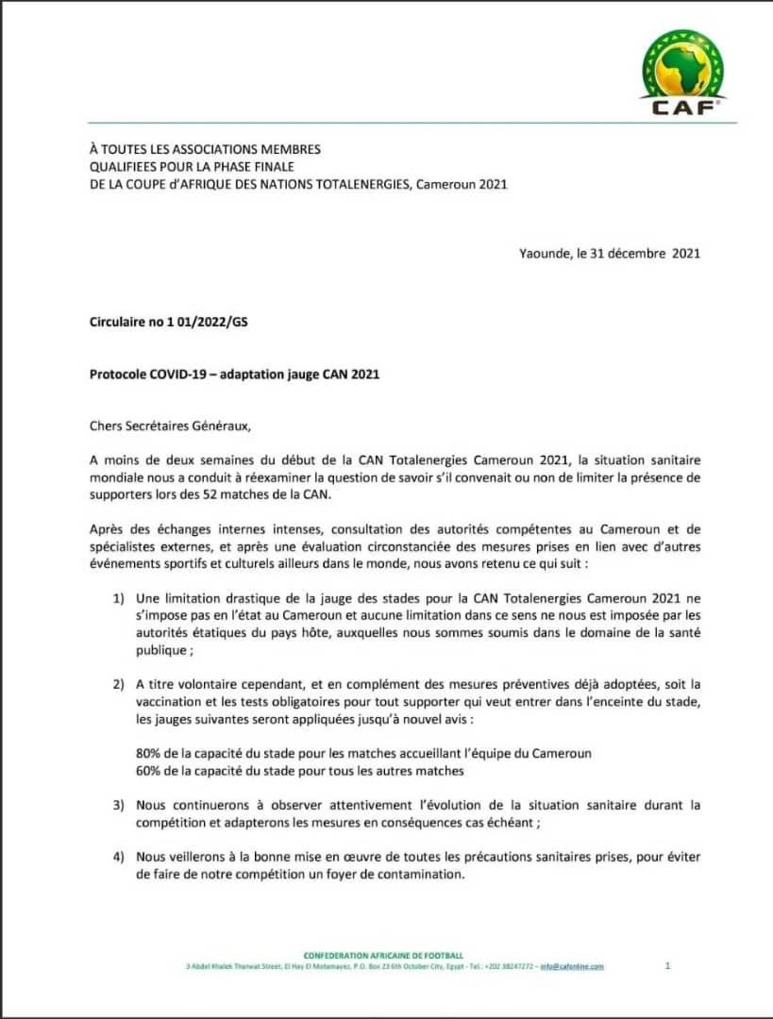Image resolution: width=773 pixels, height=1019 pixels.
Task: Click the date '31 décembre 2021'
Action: click(x=650, y=253)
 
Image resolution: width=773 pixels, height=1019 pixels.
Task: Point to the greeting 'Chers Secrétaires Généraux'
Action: click(x=170, y=426)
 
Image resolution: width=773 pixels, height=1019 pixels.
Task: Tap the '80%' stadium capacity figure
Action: click(x=151, y=753)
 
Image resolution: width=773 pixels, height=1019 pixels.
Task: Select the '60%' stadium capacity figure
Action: click(x=151, y=771)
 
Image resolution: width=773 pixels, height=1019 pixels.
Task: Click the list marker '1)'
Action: click(x=119, y=598)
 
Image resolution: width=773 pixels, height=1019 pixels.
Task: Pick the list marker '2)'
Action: click(x=119, y=684)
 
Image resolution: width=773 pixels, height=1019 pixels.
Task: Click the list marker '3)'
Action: click(x=119, y=805)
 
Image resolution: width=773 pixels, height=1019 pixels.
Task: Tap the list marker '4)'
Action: click(x=119, y=857)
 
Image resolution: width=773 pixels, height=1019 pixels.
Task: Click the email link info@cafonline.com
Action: click(x=572, y=966)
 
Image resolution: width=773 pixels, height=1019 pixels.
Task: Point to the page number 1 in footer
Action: click(x=667, y=965)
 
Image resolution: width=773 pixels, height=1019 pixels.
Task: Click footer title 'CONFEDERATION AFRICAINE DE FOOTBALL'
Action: click(x=383, y=956)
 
